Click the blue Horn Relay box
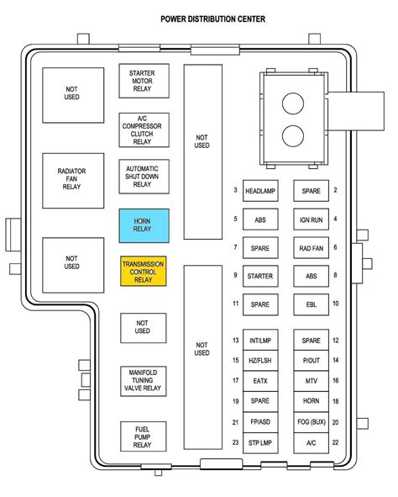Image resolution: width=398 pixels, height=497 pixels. point(144,225)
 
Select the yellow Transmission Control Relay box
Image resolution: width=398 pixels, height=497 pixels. point(144,272)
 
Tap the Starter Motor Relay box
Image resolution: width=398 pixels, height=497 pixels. point(144,81)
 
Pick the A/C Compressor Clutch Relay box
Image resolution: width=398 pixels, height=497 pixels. point(144,130)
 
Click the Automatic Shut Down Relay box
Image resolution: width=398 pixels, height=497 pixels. point(144,177)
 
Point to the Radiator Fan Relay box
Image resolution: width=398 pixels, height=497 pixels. point(73,181)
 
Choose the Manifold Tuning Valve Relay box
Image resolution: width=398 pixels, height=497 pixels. point(144,381)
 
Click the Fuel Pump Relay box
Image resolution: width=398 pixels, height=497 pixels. point(144,436)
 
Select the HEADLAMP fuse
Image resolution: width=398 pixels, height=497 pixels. point(260,191)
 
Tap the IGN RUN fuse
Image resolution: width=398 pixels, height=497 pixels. point(311,219)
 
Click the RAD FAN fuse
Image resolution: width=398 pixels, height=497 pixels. point(311,248)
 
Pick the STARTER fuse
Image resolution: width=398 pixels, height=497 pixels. point(260,276)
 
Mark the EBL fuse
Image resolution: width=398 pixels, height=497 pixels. point(311,304)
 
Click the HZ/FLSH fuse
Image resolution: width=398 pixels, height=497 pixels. point(260,361)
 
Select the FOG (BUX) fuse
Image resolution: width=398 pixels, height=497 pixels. point(311,422)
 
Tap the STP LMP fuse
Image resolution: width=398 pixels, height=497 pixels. point(260,443)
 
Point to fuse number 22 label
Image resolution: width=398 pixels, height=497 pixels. point(335,442)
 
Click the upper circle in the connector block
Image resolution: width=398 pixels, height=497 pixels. point(293,103)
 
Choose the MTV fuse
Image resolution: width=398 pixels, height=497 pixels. point(311,381)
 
